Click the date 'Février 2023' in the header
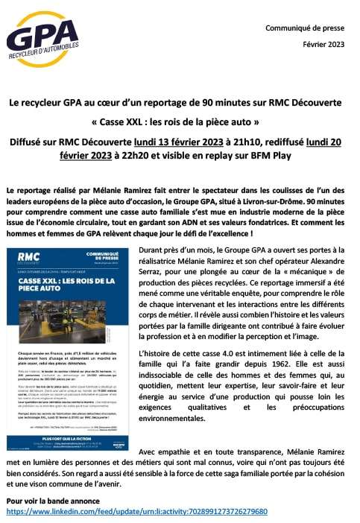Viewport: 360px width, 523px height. (x=325, y=44)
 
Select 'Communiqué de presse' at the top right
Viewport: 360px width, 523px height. (x=307, y=28)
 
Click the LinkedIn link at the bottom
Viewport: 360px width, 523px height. (x=136, y=512)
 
